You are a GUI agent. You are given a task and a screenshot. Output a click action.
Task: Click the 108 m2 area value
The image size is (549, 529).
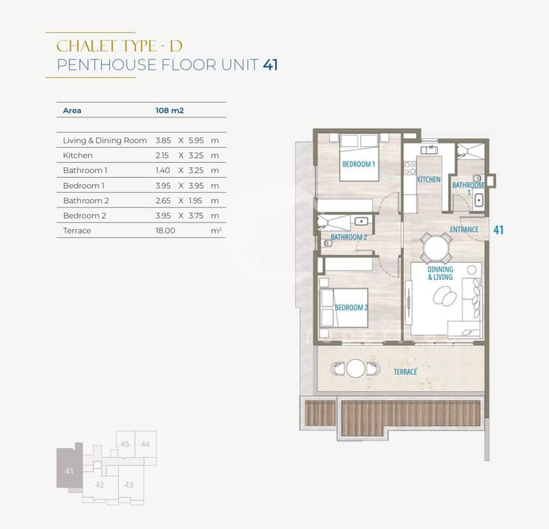pyautogui.click(x=170, y=110)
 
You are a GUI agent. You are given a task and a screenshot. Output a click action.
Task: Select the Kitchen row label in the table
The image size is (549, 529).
pyautogui.click(x=78, y=155)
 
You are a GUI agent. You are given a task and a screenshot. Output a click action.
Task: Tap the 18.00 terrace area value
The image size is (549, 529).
pyautogui.click(x=166, y=231)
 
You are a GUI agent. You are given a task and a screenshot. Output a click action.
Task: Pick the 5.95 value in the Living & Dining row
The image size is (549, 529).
pyautogui.click(x=196, y=140)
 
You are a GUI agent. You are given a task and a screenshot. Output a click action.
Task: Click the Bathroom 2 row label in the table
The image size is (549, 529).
pyautogui.click(x=86, y=201)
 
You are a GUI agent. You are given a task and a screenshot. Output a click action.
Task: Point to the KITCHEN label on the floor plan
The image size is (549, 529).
pyautogui.click(x=429, y=179)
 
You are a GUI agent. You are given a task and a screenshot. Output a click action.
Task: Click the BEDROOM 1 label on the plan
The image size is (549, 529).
pyautogui.click(x=359, y=164)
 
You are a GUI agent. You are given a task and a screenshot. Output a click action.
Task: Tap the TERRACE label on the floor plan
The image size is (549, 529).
pyautogui.click(x=405, y=372)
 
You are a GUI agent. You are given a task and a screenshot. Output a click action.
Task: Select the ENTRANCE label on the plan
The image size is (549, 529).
pyautogui.click(x=464, y=229)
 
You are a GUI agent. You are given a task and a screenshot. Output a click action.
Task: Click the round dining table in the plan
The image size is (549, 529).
pyautogui.click(x=436, y=248)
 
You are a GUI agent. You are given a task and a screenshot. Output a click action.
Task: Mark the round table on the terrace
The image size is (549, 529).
pyautogui.click(x=355, y=368)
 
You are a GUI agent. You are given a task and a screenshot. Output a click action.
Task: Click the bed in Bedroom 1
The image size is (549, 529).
pyautogui.click(x=359, y=157)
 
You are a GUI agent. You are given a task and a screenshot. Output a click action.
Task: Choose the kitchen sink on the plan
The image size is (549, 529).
pyautogui.click(x=429, y=150)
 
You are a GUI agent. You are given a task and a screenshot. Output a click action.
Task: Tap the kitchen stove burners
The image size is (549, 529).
pyautogui.click(x=410, y=167)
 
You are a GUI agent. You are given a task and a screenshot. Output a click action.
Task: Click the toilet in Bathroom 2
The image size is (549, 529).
pyautogui.click(x=327, y=243)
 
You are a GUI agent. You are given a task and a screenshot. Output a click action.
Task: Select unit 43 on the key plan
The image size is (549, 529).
pyautogui.click(x=128, y=485)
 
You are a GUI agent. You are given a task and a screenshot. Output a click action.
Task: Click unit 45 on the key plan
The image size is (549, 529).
pyautogui.click(x=125, y=444)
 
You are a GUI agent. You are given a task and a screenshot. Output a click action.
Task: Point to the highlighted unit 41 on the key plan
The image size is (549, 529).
pyautogui.click(x=69, y=468)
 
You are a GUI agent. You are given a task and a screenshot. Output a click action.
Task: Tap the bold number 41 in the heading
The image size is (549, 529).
pyautogui.click(x=271, y=65)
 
